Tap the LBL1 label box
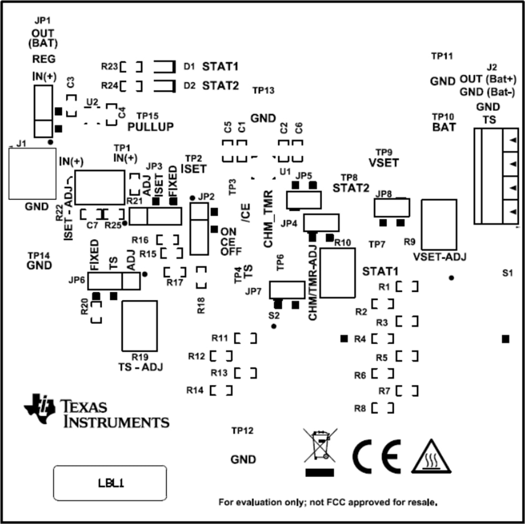(x=110, y=483)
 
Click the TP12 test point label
(x=242, y=431)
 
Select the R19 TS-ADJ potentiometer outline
(x=139, y=325)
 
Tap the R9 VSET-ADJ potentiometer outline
(x=439, y=224)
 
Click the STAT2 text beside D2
(x=220, y=86)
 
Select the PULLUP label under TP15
(x=150, y=127)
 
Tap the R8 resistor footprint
(x=383, y=408)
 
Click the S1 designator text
(x=507, y=273)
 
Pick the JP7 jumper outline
(x=287, y=289)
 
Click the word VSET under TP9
(x=383, y=163)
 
